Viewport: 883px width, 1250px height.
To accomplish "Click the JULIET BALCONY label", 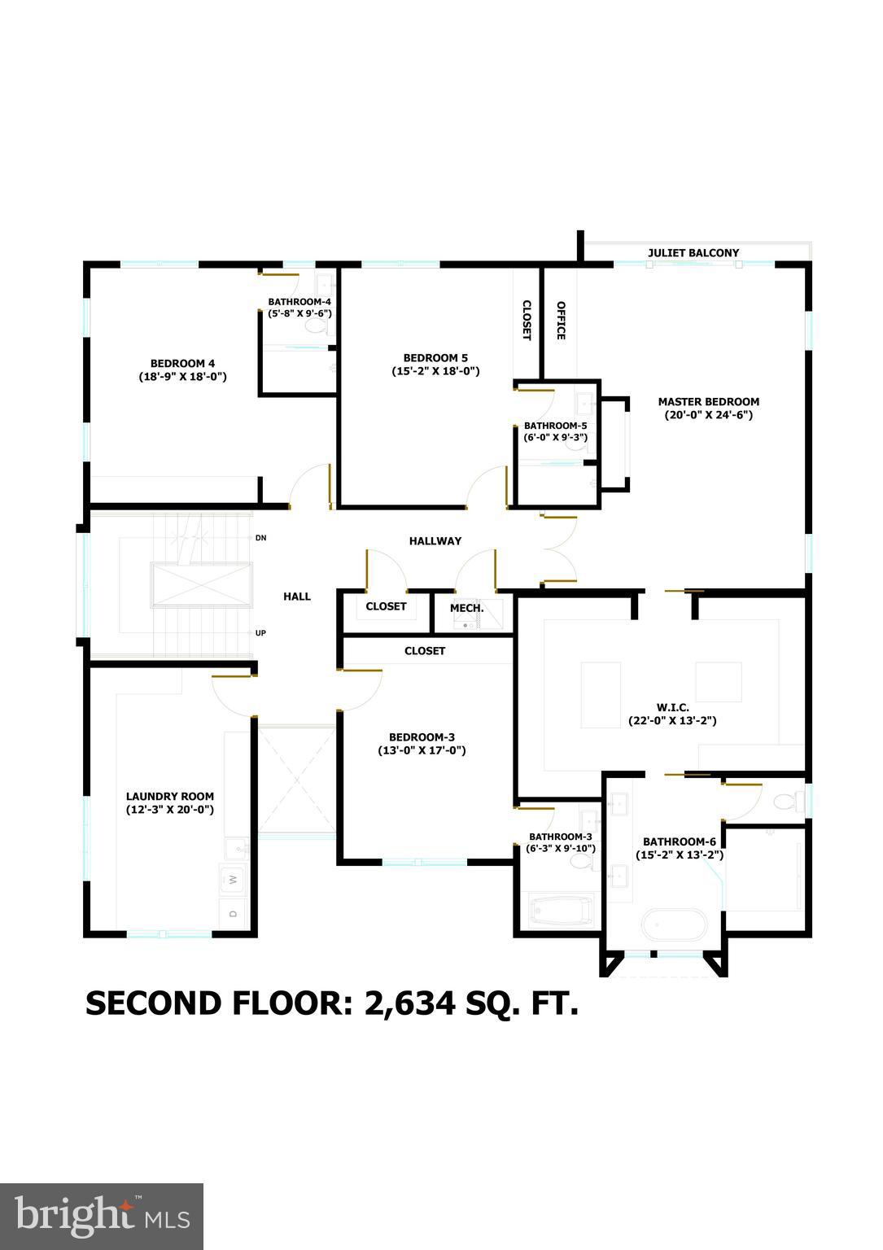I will tap(693, 253).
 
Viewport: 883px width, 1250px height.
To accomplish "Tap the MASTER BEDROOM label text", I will tap(708, 401).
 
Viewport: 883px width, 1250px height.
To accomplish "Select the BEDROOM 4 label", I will tap(182, 363).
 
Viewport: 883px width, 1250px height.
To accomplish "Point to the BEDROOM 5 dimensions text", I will tap(435, 371).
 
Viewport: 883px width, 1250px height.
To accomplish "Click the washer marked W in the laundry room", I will tap(233, 879).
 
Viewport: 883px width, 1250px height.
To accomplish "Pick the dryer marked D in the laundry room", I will tap(233, 913).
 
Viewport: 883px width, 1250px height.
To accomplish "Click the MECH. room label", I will tap(467, 608).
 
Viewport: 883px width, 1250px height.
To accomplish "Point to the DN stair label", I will tap(261, 538).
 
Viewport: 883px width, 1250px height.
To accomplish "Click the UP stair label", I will tap(261, 632).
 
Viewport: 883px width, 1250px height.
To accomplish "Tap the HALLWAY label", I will tap(435, 540).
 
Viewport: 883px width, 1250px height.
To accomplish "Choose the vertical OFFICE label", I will tap(561, 320).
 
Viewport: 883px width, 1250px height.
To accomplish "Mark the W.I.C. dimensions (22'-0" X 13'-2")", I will tap(672, 720).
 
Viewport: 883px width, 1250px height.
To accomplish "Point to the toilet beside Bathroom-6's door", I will tap(785, 802).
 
